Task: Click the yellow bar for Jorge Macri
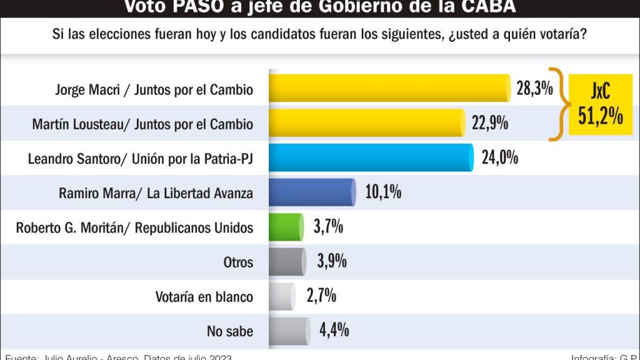click(390, 89)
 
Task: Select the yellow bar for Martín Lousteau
click(367, 123)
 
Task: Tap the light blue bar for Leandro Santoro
click(371, 157)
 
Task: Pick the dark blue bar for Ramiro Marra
click(312, 192)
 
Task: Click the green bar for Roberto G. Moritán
click(286, 226)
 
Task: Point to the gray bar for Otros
click(287, 261)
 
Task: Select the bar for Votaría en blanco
click(282, 296)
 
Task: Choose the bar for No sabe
click(289, 330)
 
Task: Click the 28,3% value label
click(534, 89)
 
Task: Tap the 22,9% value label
click(489, 123)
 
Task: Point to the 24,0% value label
click(499, 157)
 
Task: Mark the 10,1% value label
click(382, 192)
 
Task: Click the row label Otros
click(238, 262)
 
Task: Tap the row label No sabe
click(230, 331)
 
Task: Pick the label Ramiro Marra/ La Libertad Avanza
click(156, 193)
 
